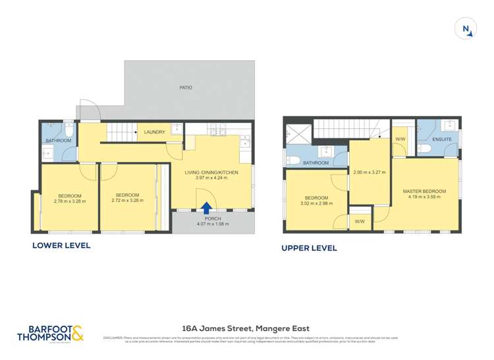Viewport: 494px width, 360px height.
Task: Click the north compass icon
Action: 466,29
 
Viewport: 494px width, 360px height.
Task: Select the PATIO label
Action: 186,88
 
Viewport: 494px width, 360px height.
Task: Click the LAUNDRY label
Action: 154,132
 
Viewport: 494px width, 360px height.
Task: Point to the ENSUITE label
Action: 442,140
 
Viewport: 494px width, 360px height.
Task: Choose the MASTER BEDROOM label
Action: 424,192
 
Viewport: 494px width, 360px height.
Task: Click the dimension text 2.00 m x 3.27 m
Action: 370,172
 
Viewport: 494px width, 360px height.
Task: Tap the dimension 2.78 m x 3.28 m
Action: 69,202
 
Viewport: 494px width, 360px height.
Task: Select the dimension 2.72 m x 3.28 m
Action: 127,201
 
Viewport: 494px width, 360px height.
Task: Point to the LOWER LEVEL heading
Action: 61,245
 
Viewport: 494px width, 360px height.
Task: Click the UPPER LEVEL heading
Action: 309,248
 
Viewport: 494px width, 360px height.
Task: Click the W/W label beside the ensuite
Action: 400,140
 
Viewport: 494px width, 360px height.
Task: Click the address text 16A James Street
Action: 246,328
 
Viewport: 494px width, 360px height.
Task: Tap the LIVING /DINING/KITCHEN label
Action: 211,172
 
